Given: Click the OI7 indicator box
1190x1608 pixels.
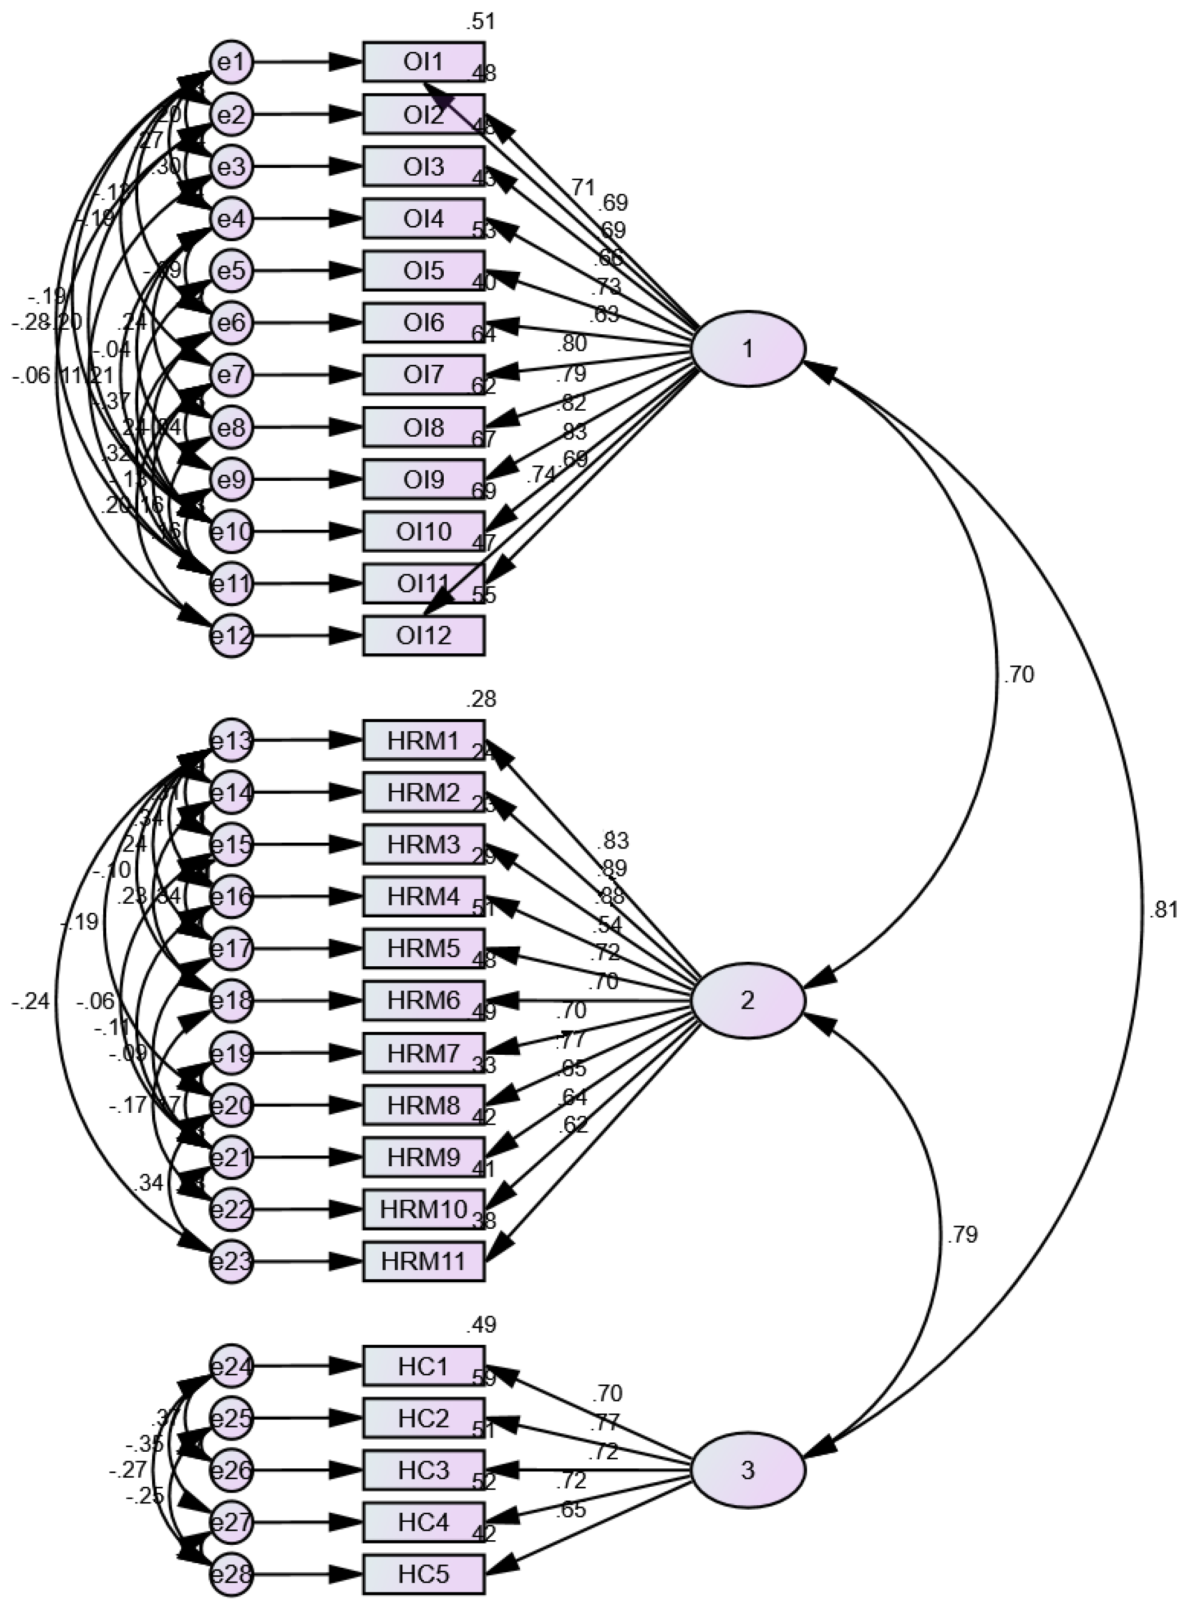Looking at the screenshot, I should click(423, 375).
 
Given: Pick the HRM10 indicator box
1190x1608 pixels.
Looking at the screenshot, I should click(423, 1209).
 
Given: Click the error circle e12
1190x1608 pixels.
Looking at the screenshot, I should click(232, 637).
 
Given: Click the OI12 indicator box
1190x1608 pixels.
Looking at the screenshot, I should click(423, 636).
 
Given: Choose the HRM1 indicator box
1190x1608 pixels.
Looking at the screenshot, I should click(423, 739).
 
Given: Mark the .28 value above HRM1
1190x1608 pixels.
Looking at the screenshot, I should click(480, 699).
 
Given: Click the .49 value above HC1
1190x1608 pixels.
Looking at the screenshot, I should click(480, 1324).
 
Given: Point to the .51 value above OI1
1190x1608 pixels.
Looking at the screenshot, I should click(480, 22).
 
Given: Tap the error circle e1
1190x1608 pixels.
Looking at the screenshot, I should click(232, 63).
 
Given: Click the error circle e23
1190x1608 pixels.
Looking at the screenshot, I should click(232, 1262).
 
